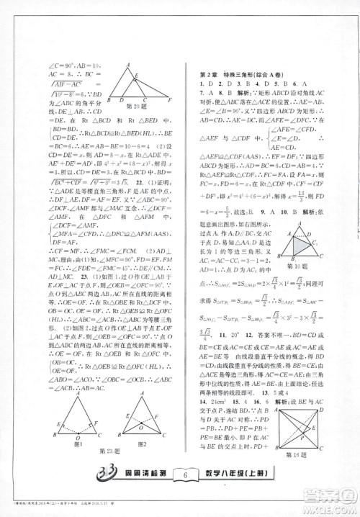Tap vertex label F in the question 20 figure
[x=170, y=99]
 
